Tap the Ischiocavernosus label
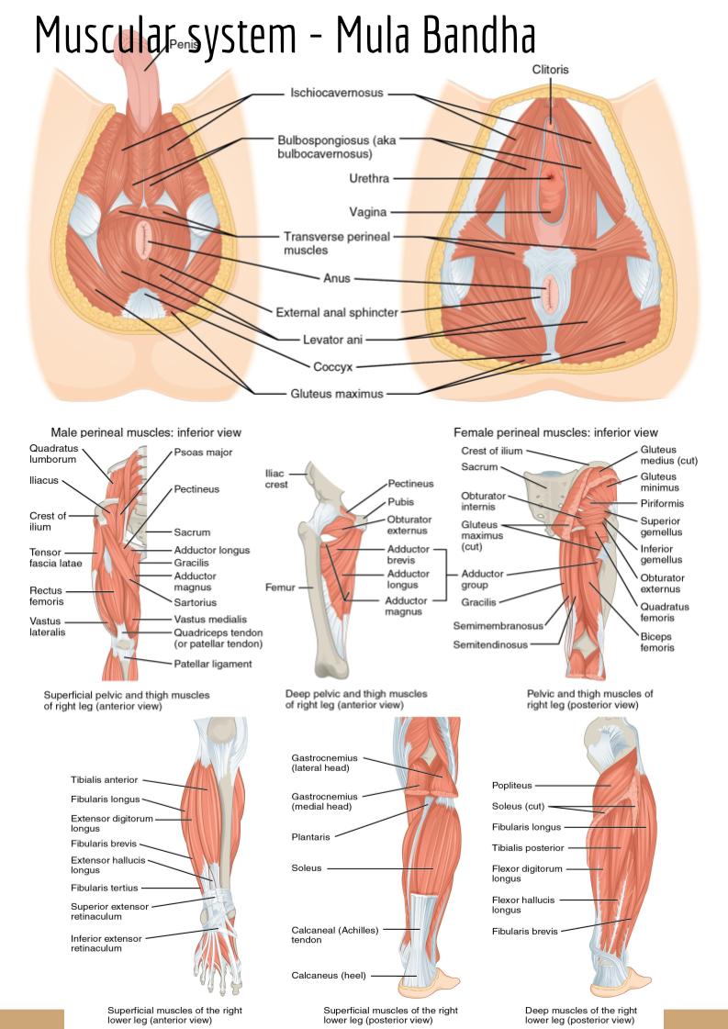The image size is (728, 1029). tap(337, 93)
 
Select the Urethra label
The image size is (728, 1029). tap(369, 177)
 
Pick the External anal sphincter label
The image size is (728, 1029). tap(337, 312)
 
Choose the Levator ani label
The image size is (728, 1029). tap(332, 340)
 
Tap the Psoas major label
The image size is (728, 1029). tap(203, 453)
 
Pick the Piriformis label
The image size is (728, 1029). tap(662, 503)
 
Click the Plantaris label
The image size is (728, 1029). tap(310, 836)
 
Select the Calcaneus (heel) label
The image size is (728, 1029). tap(330, 975)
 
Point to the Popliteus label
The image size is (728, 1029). tap(511, 786)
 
